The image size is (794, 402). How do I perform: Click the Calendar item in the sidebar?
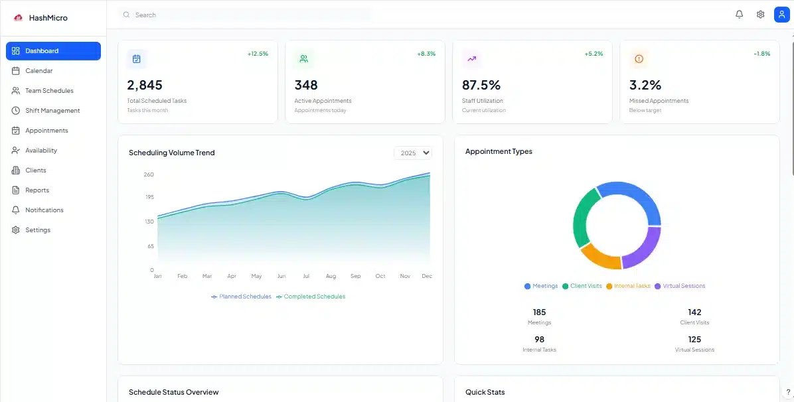click(39, 71)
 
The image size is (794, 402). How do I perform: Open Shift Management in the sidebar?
click(52, 111)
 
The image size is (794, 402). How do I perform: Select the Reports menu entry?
click(37, 190)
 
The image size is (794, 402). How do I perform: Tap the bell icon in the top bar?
click(739, 15)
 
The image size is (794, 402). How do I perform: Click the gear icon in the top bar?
click(760, 15)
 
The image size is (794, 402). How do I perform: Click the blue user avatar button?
click(781, 15)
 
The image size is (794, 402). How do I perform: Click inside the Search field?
click(246, 15)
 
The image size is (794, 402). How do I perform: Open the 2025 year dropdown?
click(412, 153)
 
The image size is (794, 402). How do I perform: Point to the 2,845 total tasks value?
click(145, 85)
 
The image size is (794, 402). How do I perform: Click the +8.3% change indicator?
click(426, 54)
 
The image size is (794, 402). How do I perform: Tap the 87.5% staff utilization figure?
click(481, 85)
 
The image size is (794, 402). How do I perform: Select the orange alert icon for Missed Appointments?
click(639, 59)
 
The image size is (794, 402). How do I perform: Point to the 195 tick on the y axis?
click(149, 197)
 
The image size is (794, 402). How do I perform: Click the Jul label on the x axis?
click(306, 276)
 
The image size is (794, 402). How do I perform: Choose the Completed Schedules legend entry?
click(314, 297)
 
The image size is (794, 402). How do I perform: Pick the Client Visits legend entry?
click(586, 286)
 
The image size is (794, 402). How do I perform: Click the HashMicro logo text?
click(48, 18)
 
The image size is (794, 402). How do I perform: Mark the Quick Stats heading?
click(485, 392)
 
